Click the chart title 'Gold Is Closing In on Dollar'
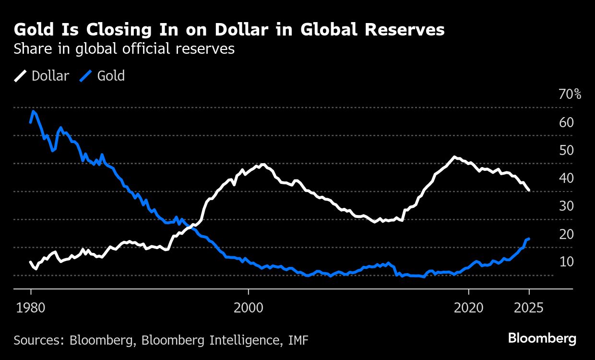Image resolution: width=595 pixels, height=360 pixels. (x=229, y=30)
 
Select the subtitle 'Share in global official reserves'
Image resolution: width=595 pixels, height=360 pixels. (x=124, y=49)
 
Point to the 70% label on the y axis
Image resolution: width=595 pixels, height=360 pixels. (x=570, y=95)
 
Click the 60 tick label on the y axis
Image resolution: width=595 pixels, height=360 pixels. (x=566, y=122)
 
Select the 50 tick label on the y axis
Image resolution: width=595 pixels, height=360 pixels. (x=566, y=150)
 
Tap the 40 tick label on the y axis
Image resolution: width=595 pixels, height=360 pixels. (x=566, y=178)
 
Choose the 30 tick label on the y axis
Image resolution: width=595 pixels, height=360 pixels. (x=566, y=206)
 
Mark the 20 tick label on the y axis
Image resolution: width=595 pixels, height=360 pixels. (x=566, y=234)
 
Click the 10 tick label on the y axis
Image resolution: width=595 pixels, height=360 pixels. (x=566, y=262)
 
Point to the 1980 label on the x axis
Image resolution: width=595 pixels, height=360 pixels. (x=31, y=308)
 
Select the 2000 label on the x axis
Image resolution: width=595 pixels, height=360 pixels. (x=249, y=308)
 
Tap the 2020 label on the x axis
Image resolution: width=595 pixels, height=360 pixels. (x=468, y=308)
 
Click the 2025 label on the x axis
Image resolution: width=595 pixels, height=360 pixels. (x=529, y=308)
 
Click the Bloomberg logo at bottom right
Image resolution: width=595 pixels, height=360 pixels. (x=542, y=338)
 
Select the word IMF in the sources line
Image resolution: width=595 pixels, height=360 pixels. (x=298, y=340)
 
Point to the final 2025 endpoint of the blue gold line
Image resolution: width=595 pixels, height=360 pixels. (x=529, y=239)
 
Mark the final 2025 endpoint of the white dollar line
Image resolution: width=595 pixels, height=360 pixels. (x=529, y=191)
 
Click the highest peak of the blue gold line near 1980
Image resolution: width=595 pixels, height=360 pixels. (x=33, y=111)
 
